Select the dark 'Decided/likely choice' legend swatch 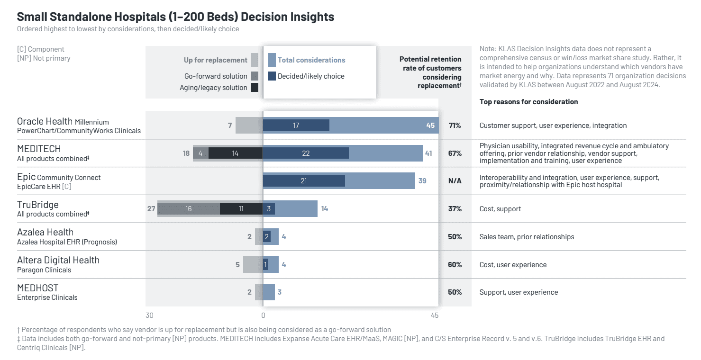[x=272, y=76]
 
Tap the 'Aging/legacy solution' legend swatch [x=255, y=87]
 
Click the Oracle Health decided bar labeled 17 [x=296, y=125]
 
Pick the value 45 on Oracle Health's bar [x=430, y=126]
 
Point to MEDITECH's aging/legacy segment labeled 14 [x=235, y=153]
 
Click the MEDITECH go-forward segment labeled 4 [x=200, y=153]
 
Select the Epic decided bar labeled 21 [x=303, y=181]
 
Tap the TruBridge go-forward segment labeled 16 [x=189, y=208]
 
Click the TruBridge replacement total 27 [x=151, y=208]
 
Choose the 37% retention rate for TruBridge [x=455, y=208]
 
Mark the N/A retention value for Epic [x=455, y=181]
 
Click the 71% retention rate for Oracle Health [x=455, y=126]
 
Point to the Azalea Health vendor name [x=46, y=232]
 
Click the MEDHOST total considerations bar [x=269, y=292]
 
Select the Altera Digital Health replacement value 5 [x=237, y=264]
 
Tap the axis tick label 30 [x=149, y=316]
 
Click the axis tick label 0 [x=263, y=316]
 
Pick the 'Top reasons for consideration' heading [x=528, y=102]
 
